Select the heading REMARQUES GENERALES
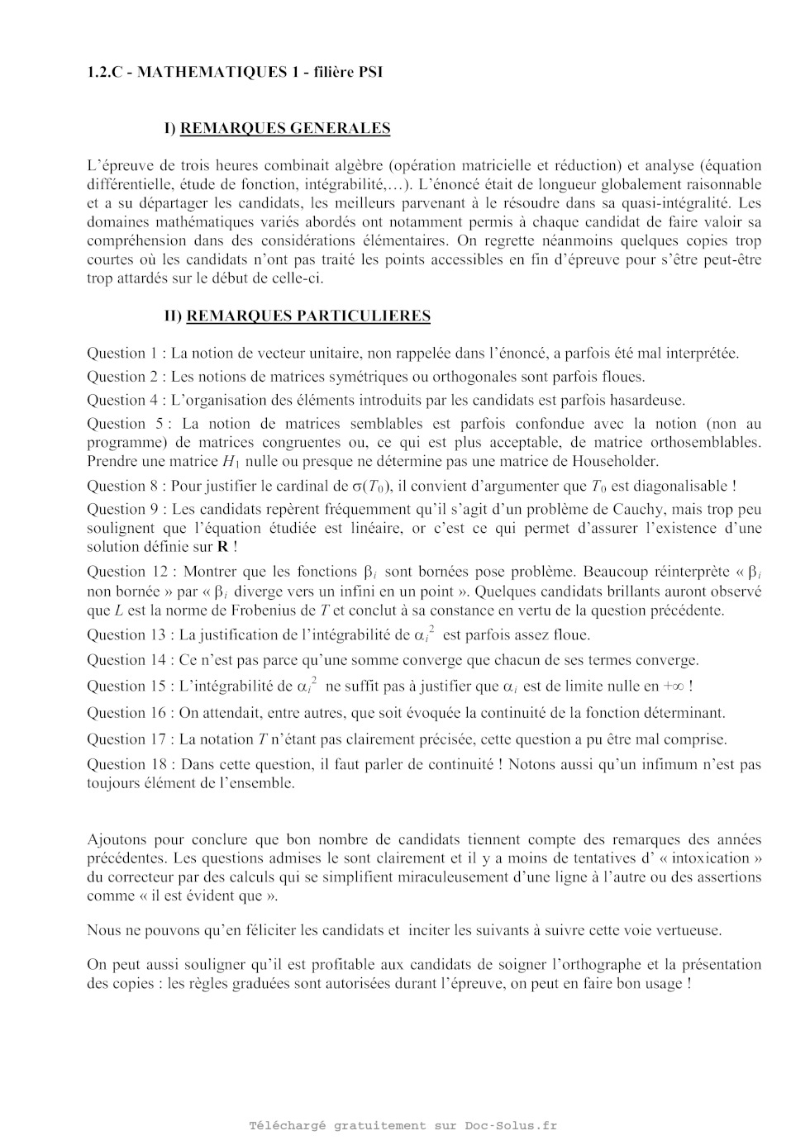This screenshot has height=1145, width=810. point(285,128)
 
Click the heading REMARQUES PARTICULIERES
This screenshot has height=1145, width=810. point(308,316)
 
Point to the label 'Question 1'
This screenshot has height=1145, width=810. point(121,354)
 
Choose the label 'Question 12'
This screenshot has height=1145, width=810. point(126,572)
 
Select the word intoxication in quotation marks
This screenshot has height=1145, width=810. point(708,858)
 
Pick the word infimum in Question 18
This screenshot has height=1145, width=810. point(669,765)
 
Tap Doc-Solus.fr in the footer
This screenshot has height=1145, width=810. point(511,1125)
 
